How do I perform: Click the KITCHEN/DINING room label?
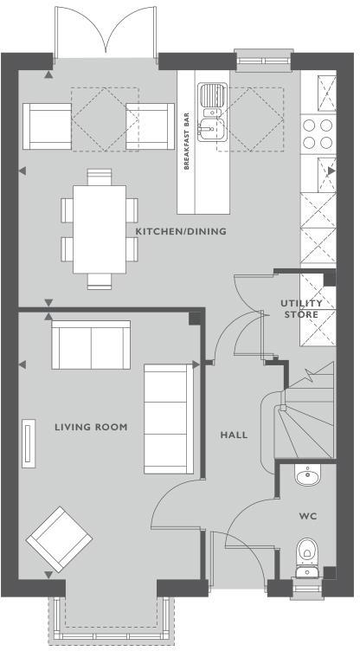click(x=180, y=232)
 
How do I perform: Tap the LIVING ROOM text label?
click(x=91, y=427)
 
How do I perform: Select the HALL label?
click(x=234, y=435)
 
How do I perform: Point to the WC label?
click(x=307, y=516)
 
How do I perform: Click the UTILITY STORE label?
click(x=301, y=309)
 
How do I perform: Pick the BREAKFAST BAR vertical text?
click(x=186, y=140)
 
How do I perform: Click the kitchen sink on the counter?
click(x=210, y=113)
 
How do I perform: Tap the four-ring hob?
click(x=318, y=134)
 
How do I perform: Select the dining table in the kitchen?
click(x=99, y=227)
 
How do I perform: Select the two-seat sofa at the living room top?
click(x=92, y=344)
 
